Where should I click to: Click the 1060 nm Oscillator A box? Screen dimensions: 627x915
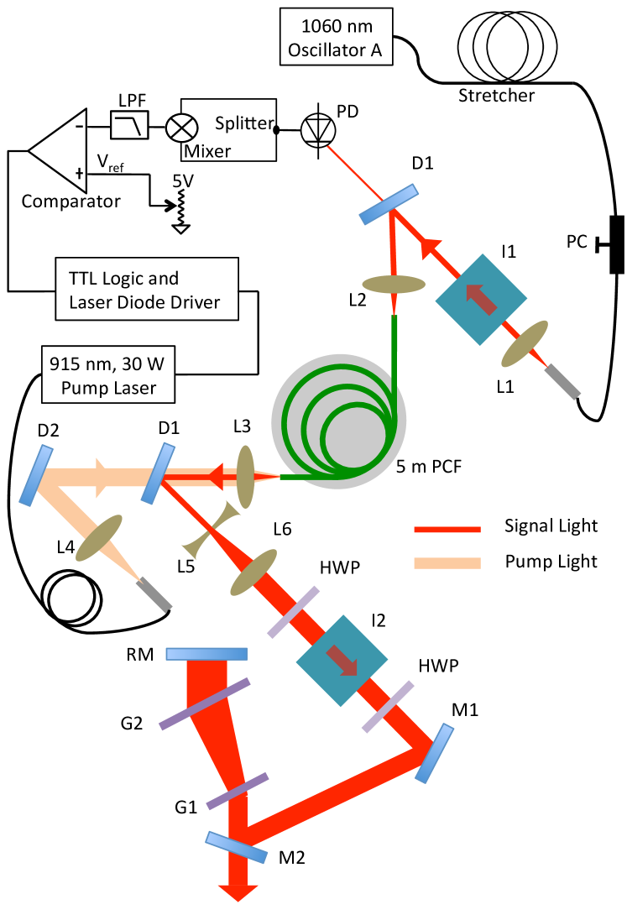pos(336,36)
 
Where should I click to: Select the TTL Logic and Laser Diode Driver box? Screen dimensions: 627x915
pos(147,289)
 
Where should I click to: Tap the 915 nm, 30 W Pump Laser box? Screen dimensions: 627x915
pos(108,374)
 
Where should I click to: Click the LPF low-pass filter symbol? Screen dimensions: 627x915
pos(129,125)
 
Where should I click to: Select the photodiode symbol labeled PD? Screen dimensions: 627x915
pos(318,129)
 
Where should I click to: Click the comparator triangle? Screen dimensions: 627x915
pos(58,150)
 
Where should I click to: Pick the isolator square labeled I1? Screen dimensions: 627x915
pos(481,300)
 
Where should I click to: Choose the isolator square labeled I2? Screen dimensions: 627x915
pos(342,661)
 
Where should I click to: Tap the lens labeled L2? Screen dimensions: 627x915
pos(394,285)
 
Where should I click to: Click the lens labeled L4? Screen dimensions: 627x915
pos(99,537)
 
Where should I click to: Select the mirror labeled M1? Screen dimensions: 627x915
pos(435,753)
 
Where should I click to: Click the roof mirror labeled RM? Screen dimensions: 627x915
pos(206,654)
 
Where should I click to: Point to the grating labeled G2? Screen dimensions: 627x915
pos(205,703)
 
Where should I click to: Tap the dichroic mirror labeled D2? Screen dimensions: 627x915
pos(36,475)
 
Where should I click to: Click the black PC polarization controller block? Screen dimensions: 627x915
pos(616,244)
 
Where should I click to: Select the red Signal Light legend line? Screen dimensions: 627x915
pos(447,530)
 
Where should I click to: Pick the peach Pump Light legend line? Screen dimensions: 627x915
pos(447,563)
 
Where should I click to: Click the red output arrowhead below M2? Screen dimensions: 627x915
pos(238,893)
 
